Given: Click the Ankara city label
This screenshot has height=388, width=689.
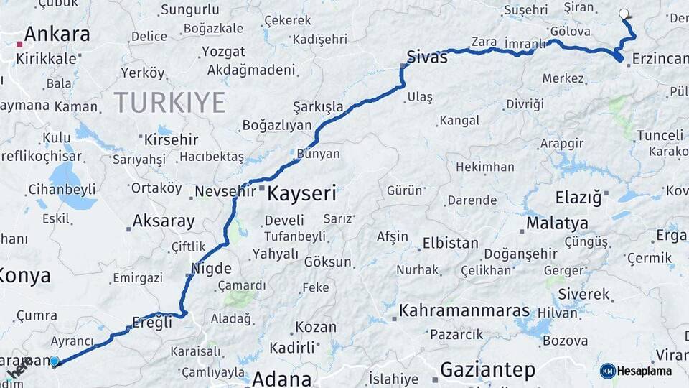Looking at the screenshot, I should tap(57, 34).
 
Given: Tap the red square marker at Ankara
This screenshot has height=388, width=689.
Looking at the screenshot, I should tap(20, 44).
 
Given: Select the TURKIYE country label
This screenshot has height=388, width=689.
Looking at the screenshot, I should tap(169, 103).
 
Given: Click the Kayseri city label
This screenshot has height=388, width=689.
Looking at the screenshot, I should tap(301, 193).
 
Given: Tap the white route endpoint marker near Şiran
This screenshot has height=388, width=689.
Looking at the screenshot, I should tap(623, 13).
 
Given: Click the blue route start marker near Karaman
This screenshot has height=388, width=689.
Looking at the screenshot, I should tap(55, 361).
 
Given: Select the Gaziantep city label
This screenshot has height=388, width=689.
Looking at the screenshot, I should tap(487, 370).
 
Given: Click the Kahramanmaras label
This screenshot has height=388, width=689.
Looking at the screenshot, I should tap(464, 311).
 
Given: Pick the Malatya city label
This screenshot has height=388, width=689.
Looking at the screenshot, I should tap(557, 223).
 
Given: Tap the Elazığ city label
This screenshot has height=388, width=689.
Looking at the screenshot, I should tap(578, 197).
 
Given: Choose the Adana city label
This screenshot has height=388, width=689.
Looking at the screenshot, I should tap(281, 379).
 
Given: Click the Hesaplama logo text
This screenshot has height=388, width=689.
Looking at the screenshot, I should tap(645, 371).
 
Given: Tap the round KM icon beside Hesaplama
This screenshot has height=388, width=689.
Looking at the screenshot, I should tap(608, 371).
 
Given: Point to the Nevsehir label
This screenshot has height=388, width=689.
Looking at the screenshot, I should tap(225, 192).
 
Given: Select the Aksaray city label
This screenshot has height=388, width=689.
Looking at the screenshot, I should tap(164, 221).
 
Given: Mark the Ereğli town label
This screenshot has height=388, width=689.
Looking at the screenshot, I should tap(152, 323).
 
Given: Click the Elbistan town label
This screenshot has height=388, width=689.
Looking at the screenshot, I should tap(450, 243).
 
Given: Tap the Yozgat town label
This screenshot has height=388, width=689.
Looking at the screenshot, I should tap(222, 52).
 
